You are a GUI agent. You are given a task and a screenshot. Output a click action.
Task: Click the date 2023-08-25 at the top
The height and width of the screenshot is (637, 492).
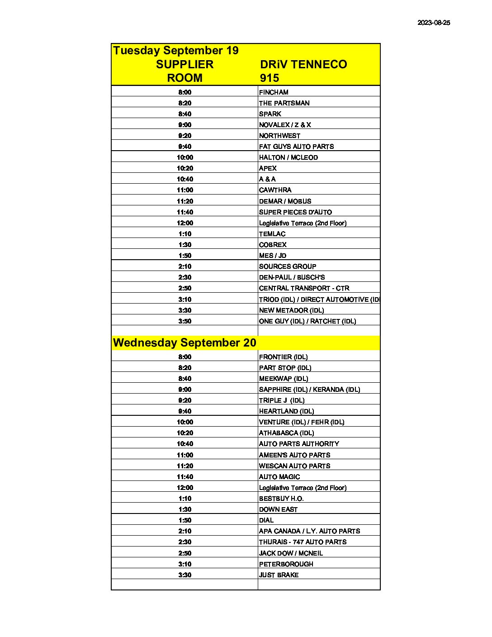433,23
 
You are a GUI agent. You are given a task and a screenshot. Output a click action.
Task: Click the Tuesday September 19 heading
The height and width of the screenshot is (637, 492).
175,50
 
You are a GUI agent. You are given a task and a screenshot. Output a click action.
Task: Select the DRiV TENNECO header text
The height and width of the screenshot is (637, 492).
303,64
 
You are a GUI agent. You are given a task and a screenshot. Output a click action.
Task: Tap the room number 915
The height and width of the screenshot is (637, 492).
270,78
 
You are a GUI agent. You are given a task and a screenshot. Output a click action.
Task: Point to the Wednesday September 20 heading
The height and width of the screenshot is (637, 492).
184,342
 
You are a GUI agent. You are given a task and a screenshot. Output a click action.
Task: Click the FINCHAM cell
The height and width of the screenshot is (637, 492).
274,92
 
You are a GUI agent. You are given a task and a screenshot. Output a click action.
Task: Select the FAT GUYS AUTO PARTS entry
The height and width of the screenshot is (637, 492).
296,146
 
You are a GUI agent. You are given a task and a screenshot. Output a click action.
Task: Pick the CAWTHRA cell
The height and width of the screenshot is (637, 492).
275,190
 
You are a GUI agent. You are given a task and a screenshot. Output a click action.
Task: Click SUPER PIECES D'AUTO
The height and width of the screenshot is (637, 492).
295,212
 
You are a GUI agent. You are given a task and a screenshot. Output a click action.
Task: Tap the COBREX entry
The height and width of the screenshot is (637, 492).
273,244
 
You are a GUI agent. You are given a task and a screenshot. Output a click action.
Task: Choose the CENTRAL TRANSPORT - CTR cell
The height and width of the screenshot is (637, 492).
304,288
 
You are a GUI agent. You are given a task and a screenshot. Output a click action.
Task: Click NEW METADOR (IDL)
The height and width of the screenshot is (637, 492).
291,310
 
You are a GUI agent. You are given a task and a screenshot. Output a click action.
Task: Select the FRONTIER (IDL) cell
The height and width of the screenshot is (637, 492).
283,357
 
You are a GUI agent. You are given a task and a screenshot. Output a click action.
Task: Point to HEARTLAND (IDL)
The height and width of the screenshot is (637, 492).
286,411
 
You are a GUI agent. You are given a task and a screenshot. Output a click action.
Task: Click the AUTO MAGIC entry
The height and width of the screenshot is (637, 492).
279,476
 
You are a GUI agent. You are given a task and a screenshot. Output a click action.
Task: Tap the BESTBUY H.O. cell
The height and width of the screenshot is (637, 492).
281,498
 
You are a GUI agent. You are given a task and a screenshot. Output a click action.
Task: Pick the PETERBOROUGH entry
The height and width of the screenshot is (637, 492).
286,564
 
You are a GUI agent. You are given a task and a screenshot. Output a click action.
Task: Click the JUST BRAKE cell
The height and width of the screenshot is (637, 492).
279,575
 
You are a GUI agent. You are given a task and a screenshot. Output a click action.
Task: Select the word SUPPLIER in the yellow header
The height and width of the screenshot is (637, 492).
184,64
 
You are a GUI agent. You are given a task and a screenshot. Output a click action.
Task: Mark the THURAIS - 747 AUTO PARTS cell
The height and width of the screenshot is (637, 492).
303,542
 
